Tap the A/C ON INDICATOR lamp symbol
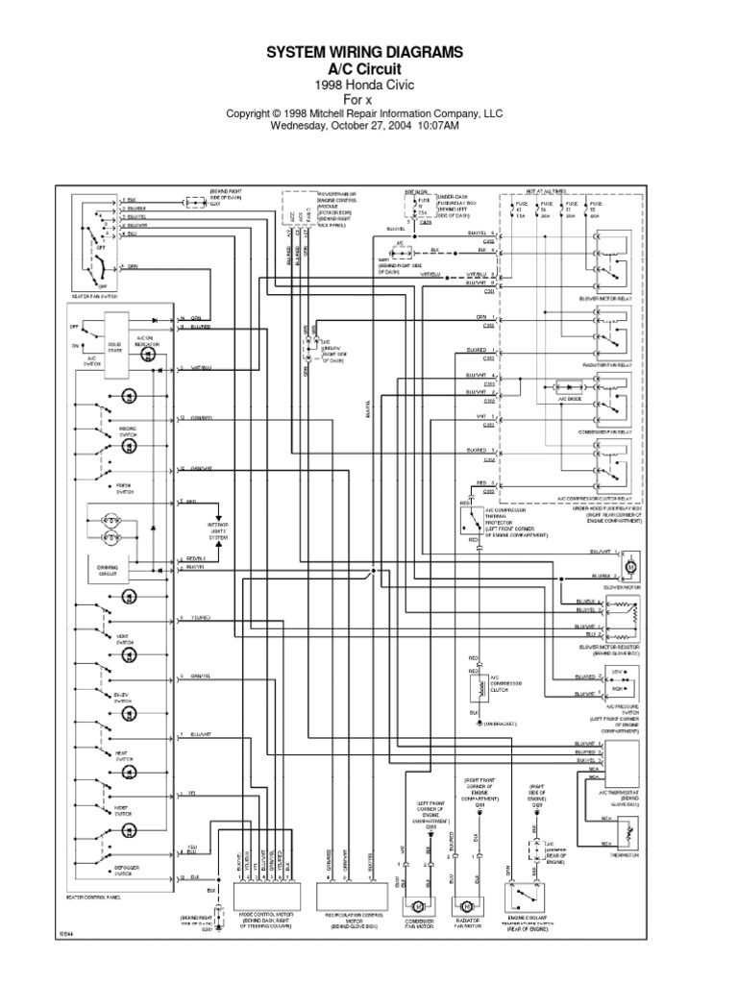149,355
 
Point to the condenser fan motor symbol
419,907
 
